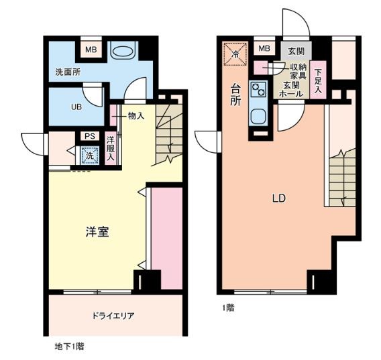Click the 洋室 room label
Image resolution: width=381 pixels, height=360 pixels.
coord(98,232)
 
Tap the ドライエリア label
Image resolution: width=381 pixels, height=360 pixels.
coord(116,314)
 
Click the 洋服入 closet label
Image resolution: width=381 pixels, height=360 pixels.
coord(111,149)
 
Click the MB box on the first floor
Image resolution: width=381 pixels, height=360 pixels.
coord(264,48)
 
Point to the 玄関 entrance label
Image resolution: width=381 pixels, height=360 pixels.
coord(296,51)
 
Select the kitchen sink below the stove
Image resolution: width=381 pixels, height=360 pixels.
coord(258,115)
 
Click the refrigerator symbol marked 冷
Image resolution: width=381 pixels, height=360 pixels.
coord(235,54)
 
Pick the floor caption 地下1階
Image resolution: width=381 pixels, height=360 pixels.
coord(69,347)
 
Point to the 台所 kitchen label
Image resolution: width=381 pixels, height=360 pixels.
coord(236,95)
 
